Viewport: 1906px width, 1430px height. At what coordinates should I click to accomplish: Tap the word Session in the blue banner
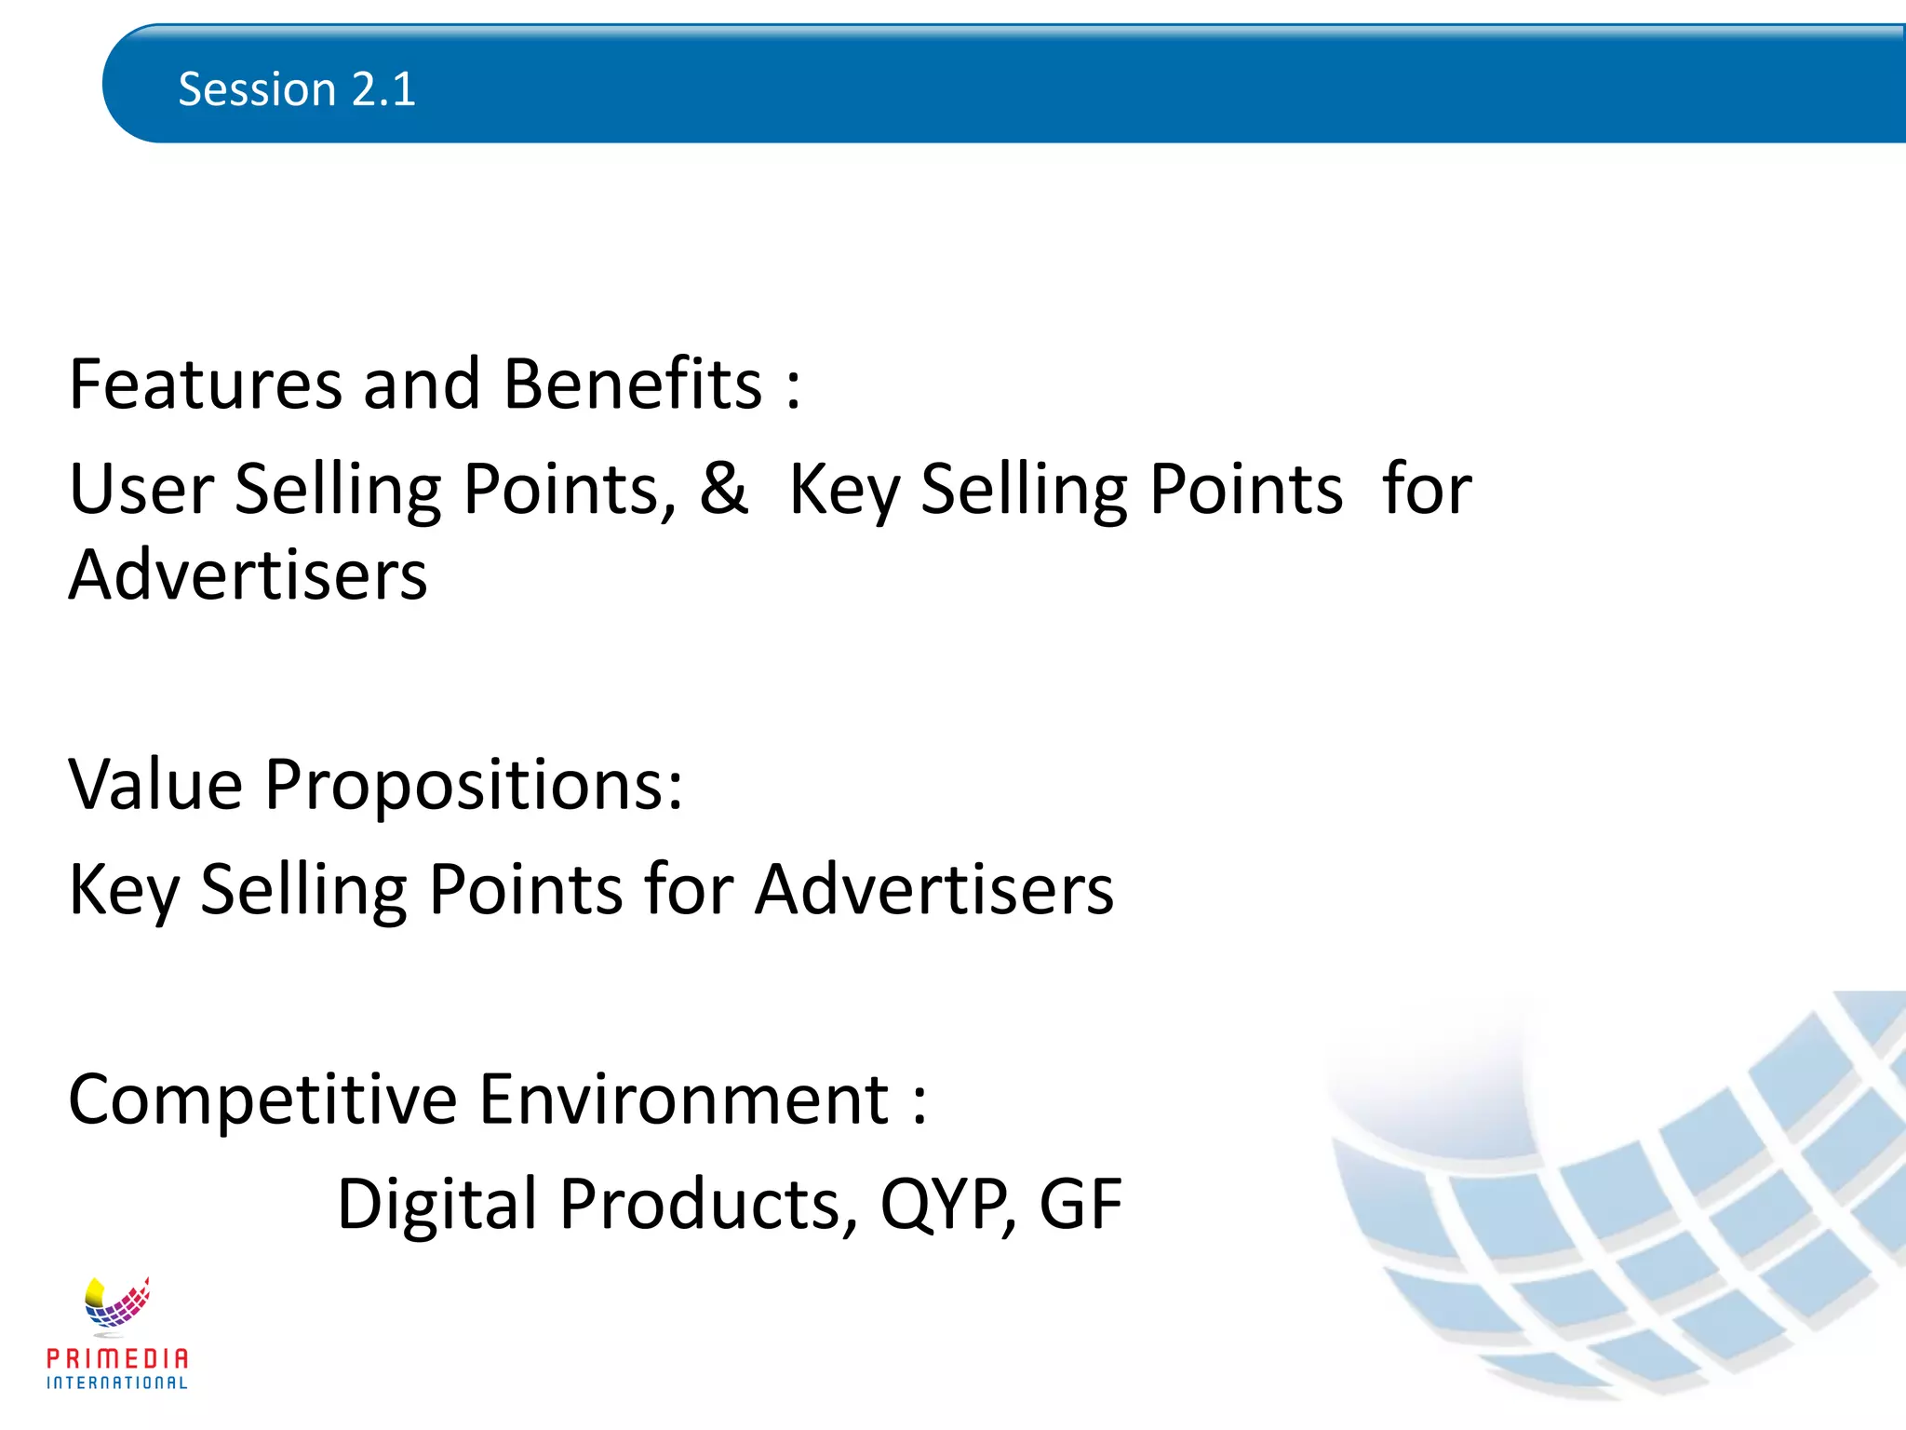tap(257, 90)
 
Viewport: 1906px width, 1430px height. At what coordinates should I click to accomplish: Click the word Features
tap(206, 384)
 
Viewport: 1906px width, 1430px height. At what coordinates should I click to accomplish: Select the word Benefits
tap(633, 384)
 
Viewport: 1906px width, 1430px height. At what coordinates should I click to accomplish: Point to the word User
tap(141, 490)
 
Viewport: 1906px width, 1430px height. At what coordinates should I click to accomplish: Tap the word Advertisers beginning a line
tap(248, 575)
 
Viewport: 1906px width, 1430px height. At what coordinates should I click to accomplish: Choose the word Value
tap(155, 785)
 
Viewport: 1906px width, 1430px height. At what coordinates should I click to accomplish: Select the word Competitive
tap(262, 1101)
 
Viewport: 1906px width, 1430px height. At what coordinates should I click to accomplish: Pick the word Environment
tap(684, 1099)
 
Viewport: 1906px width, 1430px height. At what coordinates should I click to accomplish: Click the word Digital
tap(436, 1205)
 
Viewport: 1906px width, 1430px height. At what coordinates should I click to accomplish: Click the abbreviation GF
tap(1081, 1205)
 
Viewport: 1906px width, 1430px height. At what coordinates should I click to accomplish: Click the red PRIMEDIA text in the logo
tap(117, 1358)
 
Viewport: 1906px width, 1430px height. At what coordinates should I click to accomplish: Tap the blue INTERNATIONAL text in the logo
tap(117, 1383)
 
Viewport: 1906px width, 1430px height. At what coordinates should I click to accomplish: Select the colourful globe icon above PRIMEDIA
tap(116, 1302)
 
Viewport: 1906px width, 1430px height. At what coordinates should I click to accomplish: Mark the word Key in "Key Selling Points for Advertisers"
tap(124, 891)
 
